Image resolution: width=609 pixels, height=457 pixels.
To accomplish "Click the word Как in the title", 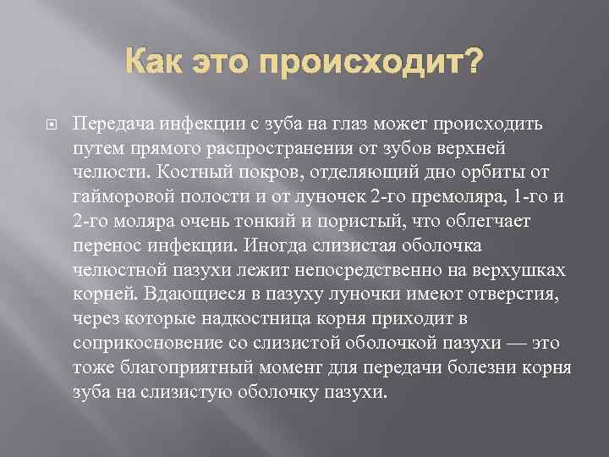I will pos(157,62).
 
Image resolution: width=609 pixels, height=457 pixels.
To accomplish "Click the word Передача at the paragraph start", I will pos(107,124).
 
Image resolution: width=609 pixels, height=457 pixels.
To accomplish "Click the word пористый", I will pos(355,222).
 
